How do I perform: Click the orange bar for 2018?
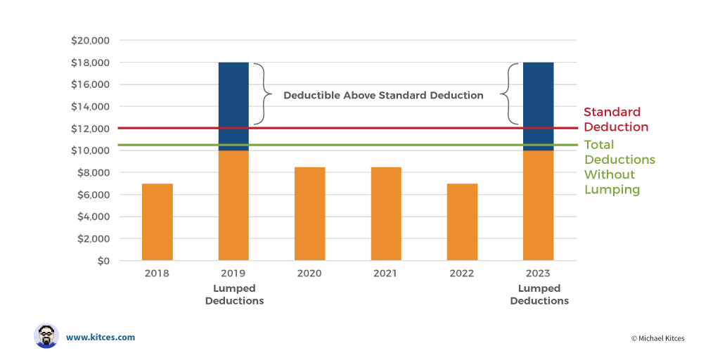157,222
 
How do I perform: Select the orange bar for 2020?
310,214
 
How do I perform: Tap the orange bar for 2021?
386,214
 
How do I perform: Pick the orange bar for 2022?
463,222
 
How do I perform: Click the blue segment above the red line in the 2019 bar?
233,95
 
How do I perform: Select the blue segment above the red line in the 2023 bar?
539,95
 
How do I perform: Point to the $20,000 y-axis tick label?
89,41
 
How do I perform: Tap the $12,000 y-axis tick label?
89,129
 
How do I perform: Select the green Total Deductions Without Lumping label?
619,167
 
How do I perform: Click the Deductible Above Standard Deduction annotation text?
383,95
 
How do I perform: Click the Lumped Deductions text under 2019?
234,295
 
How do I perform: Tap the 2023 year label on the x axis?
539,274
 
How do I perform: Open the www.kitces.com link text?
101,337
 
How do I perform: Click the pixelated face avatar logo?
46,336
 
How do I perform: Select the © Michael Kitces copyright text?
657,338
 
